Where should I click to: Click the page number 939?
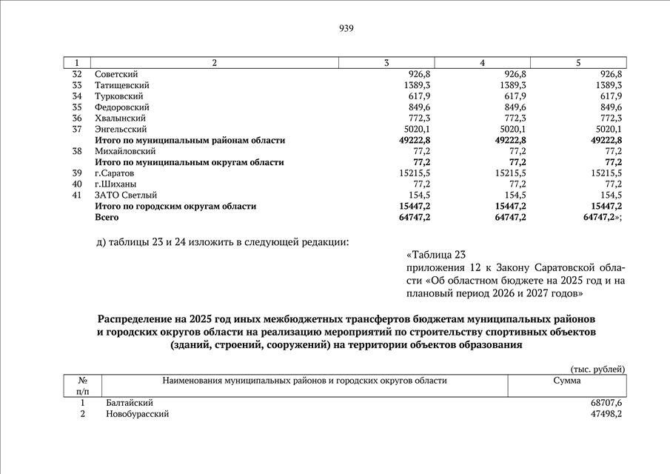pos(346,29)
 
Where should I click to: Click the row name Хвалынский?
pos(120,118)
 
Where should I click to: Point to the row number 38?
pos(77,151)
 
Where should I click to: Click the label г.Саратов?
pos(114,173)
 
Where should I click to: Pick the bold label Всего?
pos(107,217)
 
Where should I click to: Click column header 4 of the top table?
pos(483,63)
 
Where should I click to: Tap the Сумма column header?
pos(567,381)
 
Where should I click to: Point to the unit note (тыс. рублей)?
pos(597,369)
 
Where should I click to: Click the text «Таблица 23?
pos(438,255)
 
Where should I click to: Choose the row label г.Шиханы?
pos(115,184)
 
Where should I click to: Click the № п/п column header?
pos(82,385)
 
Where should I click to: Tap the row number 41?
pos(77,195)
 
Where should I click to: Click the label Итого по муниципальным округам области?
pos(189,162)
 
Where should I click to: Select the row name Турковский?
pos(118,96)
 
